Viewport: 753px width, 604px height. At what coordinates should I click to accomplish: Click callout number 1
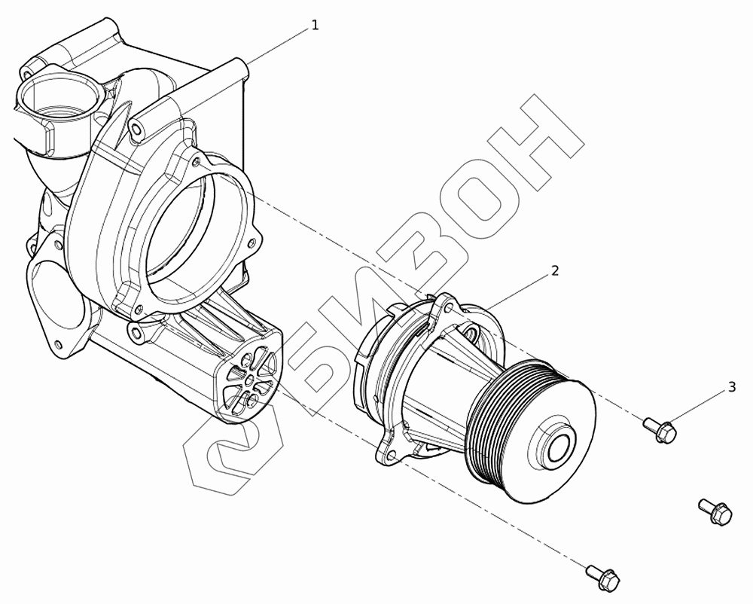(x=315, y=25)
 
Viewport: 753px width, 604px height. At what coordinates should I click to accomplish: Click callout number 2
(x=555, y=271)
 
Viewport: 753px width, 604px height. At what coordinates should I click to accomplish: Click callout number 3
(x=732, y=387)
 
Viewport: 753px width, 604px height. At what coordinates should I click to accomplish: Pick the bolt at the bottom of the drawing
(x=602, y=575)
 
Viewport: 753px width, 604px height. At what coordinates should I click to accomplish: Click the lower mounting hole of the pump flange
(x=392, y=455)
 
